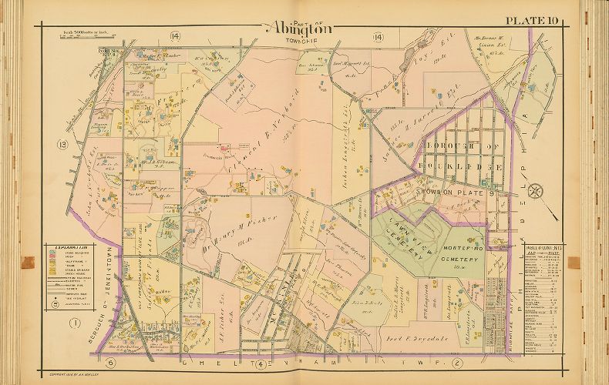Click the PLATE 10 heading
click(x=536, y=20)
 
